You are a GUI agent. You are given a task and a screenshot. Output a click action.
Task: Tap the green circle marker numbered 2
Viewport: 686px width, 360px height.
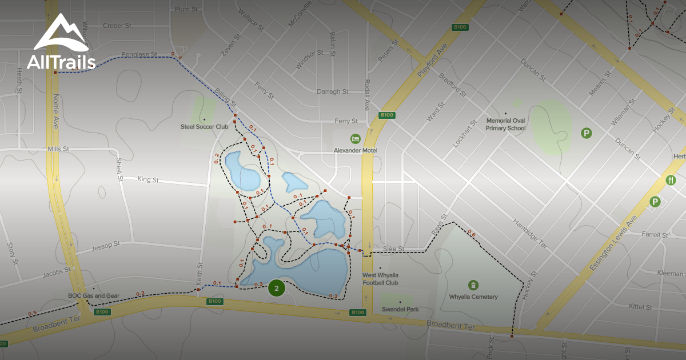(277, 289)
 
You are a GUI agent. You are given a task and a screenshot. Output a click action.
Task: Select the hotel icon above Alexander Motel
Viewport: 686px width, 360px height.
(355, 139)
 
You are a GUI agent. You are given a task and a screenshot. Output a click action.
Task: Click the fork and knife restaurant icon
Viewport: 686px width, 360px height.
(671, 180)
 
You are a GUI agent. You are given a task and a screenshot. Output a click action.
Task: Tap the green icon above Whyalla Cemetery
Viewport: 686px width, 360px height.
(473, 285)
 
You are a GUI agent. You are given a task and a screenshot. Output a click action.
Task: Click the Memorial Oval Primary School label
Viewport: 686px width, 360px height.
(505, 124)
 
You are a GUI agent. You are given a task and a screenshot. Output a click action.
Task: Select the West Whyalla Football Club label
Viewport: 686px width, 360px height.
(380, 278)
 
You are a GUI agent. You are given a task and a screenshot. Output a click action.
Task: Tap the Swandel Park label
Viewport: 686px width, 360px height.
(400, 309)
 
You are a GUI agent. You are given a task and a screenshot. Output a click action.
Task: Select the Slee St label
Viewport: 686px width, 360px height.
(393, 249)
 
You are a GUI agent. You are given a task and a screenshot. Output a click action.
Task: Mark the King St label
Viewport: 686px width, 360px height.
(147, 179)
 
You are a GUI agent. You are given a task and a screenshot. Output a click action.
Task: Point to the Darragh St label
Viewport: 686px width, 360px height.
(332, 91)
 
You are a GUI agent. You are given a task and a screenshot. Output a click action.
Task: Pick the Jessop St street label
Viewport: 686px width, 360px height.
(105, 246)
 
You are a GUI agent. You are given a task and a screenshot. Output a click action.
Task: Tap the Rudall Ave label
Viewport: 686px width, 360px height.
(366, 94)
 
